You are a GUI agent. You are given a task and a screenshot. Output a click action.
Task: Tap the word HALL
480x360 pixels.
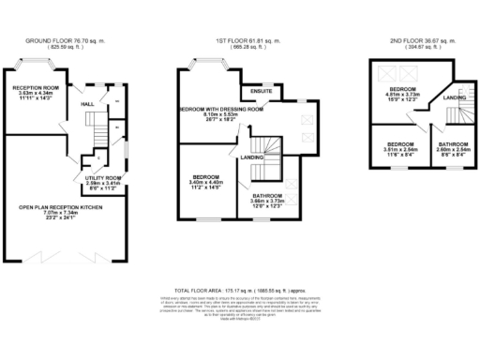pyautogui.click(x=87, y=104)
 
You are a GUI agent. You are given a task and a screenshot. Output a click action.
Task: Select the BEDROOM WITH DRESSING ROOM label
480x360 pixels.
pyautogui.click(x=221, y=109)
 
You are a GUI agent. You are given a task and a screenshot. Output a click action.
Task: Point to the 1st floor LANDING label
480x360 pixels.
pyautogui.click(x=251, y=157)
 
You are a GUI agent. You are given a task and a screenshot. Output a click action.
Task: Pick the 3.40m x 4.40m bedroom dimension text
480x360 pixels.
pyautogui.click(x=205, y=183)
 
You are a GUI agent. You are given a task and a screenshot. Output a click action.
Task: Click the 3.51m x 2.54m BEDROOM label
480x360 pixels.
pyautogui.click(x=389, y=150)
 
